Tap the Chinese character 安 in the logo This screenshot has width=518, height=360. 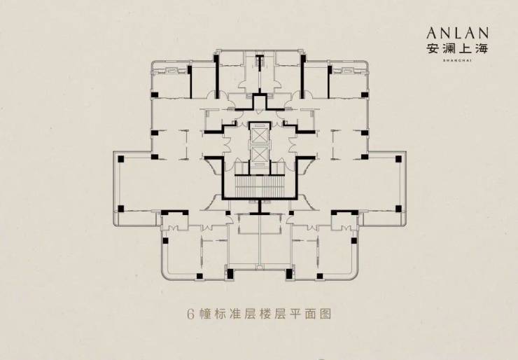point(433,49)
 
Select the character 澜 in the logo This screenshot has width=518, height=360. point(451,49)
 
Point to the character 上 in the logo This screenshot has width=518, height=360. point(470,49)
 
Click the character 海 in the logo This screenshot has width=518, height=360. point(488,49)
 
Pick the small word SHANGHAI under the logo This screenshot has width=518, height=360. point(460,61)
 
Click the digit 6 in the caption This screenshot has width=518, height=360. point(190,314)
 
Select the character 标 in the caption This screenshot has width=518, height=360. point(224,314)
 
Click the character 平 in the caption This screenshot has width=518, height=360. point(293,314)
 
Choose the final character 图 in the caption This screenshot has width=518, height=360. point(328,314)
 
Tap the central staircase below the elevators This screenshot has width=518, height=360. point(258,186)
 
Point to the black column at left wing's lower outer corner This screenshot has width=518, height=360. point(121,208)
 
